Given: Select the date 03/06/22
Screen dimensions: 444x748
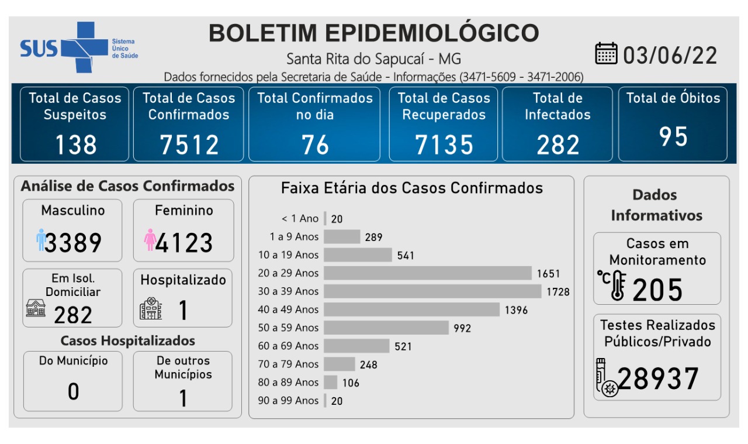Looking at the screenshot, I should click(670, 56).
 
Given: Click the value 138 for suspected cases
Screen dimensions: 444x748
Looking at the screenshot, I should click(75, 144).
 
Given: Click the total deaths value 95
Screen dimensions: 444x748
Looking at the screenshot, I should click(673, 136).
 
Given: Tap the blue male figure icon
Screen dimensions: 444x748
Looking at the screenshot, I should click(40, 240).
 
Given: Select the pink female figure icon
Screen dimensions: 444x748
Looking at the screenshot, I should click(150, 240).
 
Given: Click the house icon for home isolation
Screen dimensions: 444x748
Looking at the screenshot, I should click(36, 308).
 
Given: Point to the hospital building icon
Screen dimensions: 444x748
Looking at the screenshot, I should click(151, 308).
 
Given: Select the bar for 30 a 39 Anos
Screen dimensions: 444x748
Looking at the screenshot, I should click(432, 291).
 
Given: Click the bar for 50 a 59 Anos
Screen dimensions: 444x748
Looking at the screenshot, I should click(386, 328).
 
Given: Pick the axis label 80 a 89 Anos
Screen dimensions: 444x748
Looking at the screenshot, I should click(289, 382).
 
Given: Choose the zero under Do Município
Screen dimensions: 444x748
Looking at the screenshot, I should click(73, 391).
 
